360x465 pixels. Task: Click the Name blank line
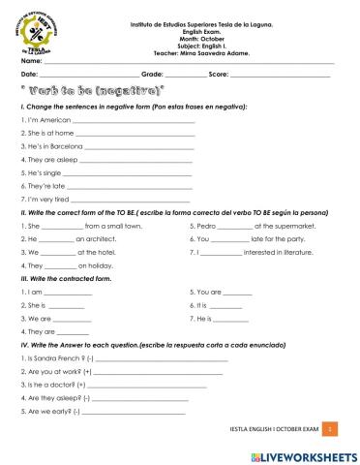click(184, 61)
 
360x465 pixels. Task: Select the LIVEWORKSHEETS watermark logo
click(302, 453)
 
